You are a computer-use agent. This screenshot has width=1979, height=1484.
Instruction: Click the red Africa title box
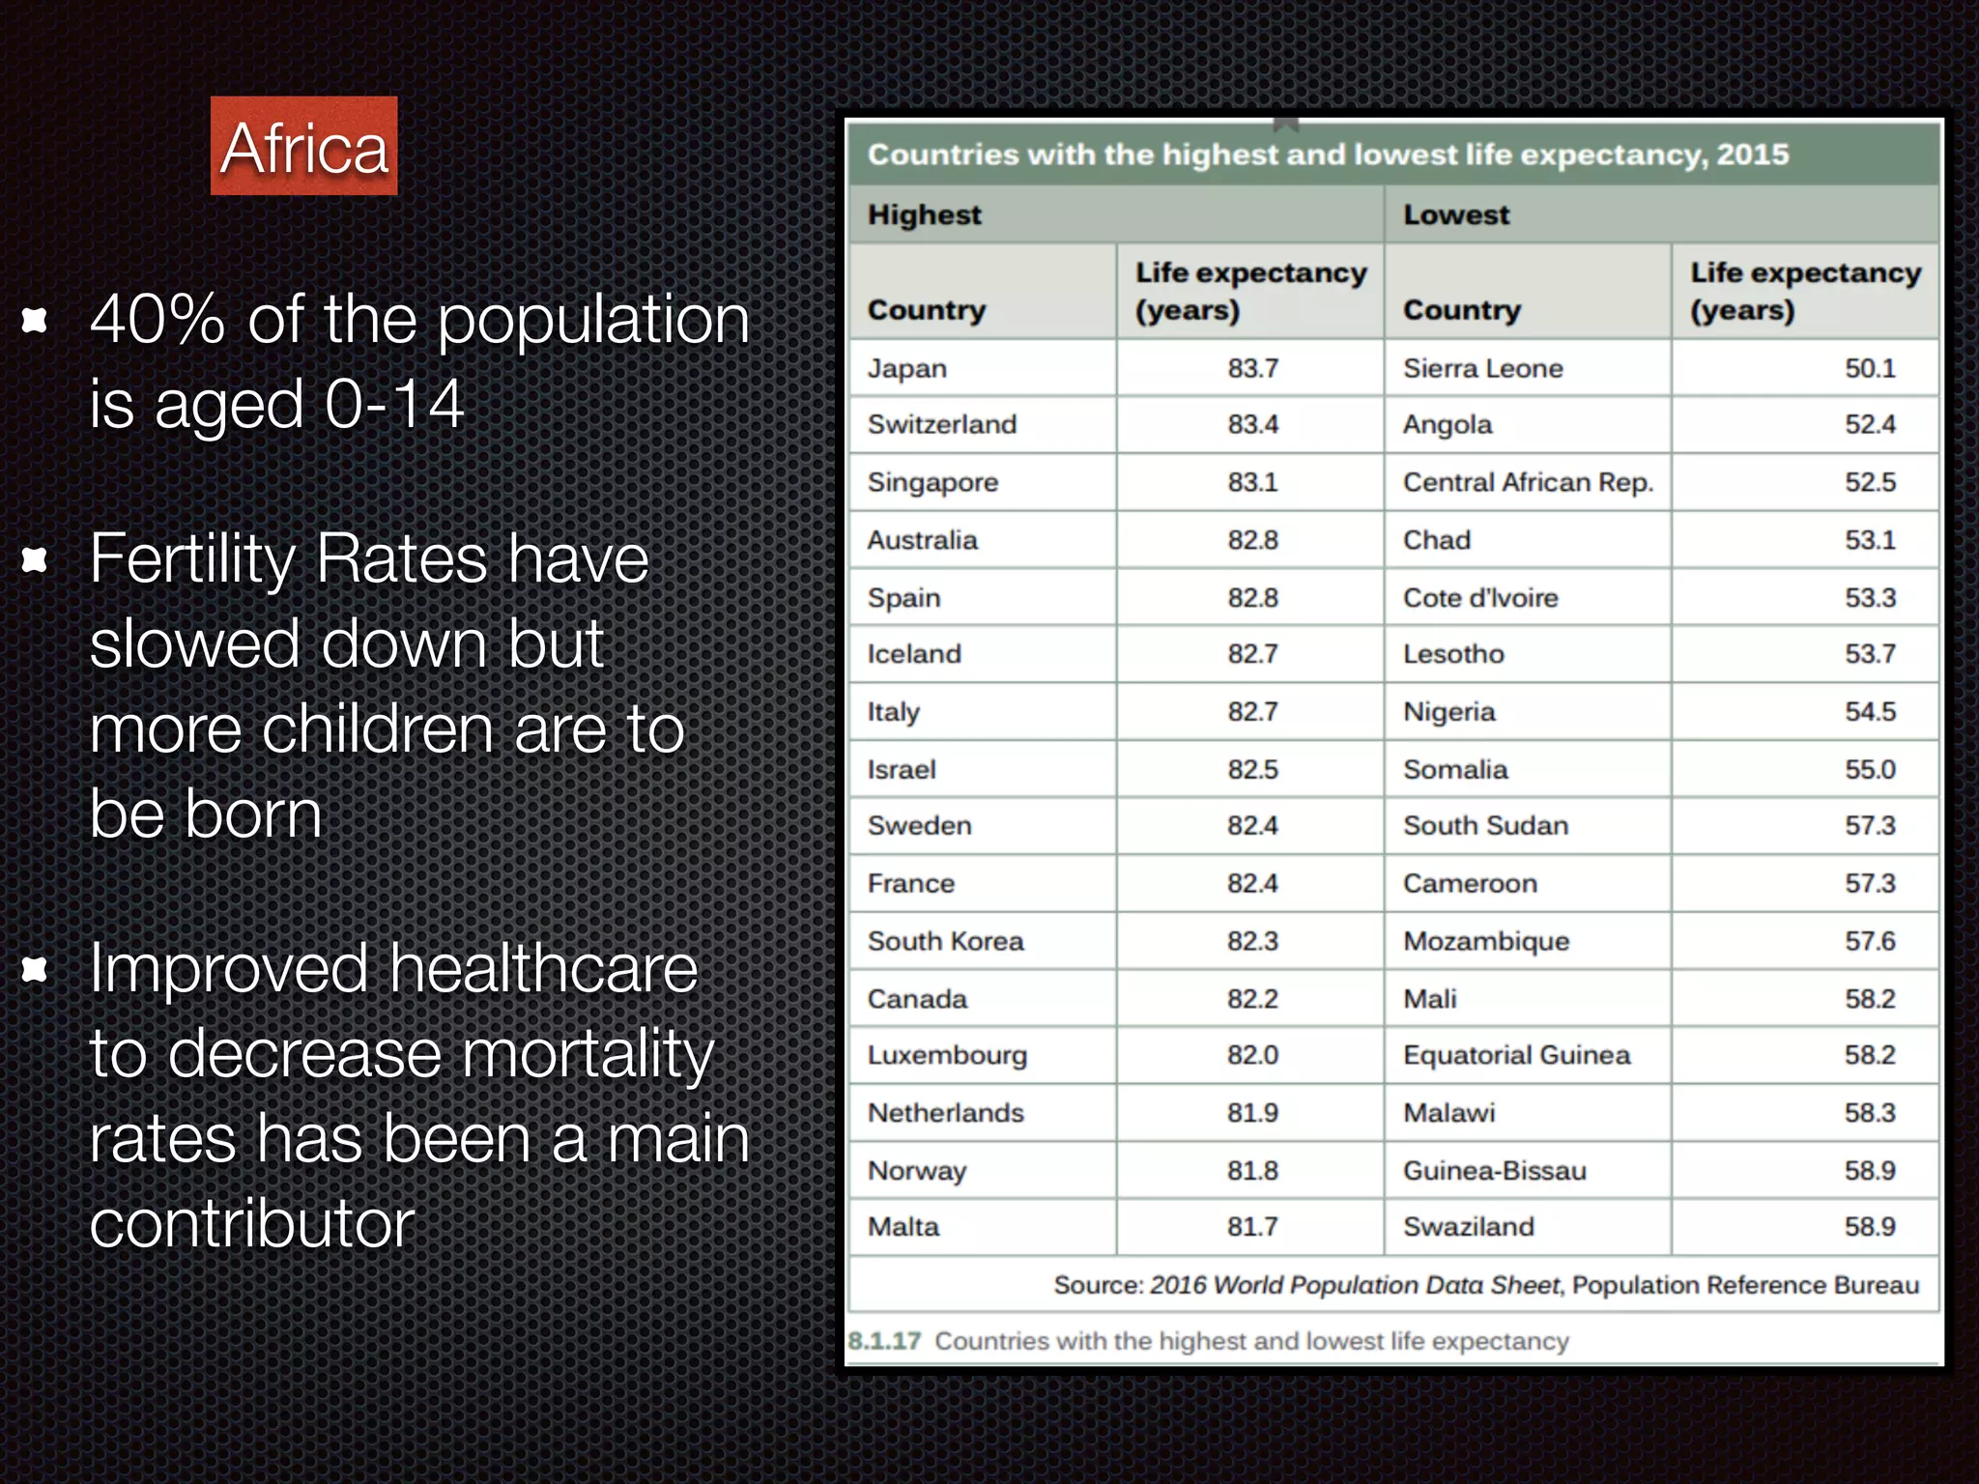(x=303, y=147)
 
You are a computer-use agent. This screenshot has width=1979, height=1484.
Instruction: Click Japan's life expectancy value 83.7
(x=1252, y=368)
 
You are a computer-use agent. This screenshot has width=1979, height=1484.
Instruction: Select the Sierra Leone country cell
(x=1482, y=368)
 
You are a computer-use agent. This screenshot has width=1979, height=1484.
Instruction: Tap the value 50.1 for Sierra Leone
(x=1869, y=368)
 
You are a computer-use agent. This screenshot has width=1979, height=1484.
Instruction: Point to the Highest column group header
(x=924, y=214)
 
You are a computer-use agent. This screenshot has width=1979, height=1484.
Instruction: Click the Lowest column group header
(x=1455, y=214)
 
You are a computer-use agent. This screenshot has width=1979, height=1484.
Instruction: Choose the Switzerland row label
(x=941, y=425)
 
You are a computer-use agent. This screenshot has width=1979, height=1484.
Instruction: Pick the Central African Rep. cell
(x=1528, y=482)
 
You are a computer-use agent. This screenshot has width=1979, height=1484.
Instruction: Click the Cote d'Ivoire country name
(x=1480, y=598)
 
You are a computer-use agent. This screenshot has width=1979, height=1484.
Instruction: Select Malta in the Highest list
(x=903, y=1227)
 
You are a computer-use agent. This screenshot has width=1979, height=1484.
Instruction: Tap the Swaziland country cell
(x=1468, y=1227)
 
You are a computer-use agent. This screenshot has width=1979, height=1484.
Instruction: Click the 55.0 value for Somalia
(x=1869, y=770)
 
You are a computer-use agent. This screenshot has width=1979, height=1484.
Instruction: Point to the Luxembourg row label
(x=947, y=1055)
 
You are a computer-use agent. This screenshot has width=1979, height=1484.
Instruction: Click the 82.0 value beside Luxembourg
(x=1252, y=1055)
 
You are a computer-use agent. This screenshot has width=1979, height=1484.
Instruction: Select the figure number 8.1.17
(x=884, y=1341)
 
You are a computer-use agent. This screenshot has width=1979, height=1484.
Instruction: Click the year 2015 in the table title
(x=1752, y=155)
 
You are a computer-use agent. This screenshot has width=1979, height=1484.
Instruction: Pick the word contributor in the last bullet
(x=252, y=1224)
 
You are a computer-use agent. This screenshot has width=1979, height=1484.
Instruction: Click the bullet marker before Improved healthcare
(x=35, y=968)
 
